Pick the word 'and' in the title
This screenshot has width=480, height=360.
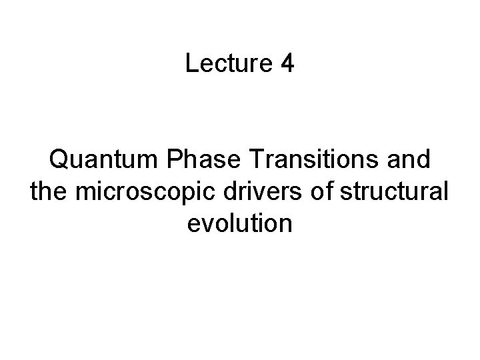coord(411,161)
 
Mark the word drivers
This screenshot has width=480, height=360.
coord(235,193)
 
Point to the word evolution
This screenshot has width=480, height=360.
coord(240,224)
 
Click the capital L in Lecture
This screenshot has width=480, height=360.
coord(191,64)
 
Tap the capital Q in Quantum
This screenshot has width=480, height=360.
coord(59,161)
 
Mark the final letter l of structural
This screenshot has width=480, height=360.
coord(447,193)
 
